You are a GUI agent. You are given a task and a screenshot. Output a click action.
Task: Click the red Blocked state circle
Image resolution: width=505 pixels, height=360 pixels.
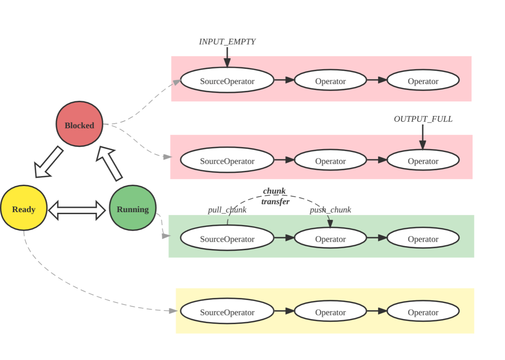[79, 124]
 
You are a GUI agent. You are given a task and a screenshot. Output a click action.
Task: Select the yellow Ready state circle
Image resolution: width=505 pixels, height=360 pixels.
[24, 208]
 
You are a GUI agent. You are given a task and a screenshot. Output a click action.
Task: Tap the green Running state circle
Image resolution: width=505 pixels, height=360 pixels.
[133, 208]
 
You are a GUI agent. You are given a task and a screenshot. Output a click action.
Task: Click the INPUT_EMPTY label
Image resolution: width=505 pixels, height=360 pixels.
[227, 42]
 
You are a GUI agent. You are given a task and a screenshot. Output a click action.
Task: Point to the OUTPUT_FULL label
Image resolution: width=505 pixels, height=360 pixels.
[423, 119]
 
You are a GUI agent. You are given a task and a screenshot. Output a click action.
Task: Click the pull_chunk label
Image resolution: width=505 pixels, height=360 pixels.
[227, 210]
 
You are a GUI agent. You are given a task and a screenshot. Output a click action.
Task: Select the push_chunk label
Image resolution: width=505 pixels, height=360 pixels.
[330, 210]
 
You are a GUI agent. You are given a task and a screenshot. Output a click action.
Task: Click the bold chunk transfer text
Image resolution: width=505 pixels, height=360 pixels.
[275, 196]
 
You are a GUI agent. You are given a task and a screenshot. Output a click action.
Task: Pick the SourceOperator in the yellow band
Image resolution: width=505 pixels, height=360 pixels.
[227, 312]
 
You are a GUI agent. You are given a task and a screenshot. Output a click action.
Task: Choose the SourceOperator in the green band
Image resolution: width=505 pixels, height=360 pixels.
[227, 238]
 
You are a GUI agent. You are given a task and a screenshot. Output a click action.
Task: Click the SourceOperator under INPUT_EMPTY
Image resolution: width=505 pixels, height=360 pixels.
[227, 80]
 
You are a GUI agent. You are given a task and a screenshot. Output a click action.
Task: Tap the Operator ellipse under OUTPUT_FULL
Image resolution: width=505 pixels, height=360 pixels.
[423, 160]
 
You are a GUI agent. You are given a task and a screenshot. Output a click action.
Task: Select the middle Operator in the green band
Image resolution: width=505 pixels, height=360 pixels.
[330, 238]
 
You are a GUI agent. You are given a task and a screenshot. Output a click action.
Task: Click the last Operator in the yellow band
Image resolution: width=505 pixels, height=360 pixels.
[423, 312]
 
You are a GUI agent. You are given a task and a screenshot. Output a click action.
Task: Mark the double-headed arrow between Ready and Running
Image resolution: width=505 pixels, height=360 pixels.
[77, 210]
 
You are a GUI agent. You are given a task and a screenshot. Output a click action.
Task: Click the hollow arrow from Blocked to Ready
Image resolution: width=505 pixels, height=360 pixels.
[49, 162]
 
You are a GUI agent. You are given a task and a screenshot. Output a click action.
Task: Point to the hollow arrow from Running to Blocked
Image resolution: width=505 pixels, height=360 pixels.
[111, 163]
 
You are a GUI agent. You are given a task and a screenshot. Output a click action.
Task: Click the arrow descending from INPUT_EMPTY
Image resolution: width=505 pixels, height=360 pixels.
[227, 57]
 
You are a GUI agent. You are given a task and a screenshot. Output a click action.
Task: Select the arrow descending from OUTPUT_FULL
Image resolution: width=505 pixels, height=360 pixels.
[423, 137]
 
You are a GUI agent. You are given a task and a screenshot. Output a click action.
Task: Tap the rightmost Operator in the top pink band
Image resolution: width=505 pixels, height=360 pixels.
[423, 80]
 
